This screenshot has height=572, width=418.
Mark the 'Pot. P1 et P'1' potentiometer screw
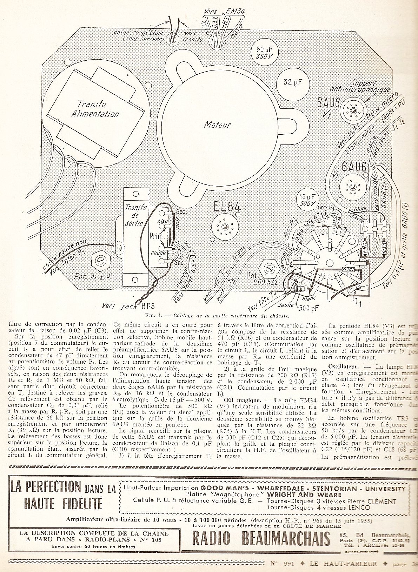coord(101,260)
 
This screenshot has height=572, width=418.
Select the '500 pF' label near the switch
coord(310,308)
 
